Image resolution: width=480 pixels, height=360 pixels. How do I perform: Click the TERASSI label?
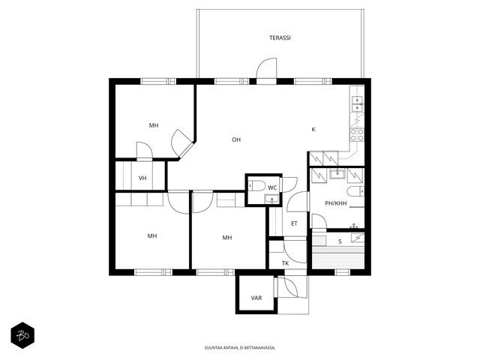(x=280, y=38)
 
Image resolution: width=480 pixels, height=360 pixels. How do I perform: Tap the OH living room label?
(x=236, y=140)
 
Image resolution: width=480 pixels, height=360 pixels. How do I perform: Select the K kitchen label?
(x=313, y=130)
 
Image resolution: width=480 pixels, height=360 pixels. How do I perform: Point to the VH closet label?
(x=142, y=178)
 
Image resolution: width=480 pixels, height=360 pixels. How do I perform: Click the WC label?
(x=272, y=187)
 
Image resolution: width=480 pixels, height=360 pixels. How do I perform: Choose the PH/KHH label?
(x=336, y=203)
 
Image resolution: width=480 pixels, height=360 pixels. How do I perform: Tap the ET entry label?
(x=294, y=223)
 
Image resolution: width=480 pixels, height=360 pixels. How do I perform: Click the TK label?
(x=285, y=263)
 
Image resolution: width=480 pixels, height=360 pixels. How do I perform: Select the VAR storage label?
(x=256, y=298)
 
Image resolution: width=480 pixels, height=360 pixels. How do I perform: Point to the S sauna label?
(x=340, y=241)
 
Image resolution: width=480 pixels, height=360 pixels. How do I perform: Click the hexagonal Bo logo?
(x=22, y=335)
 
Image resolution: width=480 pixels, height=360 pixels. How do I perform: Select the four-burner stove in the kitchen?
(x=357, y=135)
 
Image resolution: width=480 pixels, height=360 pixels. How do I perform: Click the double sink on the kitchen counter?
(x=358, y=104)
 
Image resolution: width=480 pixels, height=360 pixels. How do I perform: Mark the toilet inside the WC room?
(x=256, y=186)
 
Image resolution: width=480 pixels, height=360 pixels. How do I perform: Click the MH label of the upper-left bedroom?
(x=154, y=125)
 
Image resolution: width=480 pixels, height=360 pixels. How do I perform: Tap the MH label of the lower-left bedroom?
(x=152, y=236)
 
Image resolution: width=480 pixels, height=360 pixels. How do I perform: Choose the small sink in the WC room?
(x=271, y=199)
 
